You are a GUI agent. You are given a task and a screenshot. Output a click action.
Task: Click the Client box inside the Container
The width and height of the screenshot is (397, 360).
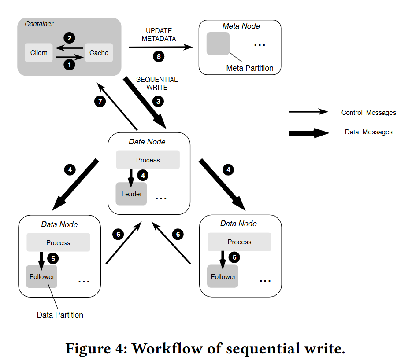pos(39,53)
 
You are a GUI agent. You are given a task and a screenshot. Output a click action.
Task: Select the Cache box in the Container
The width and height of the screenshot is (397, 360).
pos(99,53)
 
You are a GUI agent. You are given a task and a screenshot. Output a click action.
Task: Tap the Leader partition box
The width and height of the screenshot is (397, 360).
pos(131,194)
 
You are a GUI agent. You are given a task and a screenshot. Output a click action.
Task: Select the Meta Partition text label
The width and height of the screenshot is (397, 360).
pos(250,68)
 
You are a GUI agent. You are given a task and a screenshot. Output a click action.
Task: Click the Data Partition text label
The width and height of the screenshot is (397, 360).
pos(60,315)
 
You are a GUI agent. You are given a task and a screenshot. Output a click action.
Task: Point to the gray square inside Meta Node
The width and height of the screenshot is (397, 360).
pos(218,44)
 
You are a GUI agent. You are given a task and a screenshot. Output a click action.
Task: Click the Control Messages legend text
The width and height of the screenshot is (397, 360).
pos(369,113)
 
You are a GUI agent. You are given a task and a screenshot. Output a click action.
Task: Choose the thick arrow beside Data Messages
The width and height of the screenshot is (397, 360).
pos(309,132)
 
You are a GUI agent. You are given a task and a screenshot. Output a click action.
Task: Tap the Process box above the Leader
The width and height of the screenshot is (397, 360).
pos(148,160)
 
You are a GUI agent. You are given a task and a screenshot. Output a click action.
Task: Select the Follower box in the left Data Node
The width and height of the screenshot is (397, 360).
pos(42,276)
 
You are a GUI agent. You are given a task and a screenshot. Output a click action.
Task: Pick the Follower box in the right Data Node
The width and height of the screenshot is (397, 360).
pos(223,276)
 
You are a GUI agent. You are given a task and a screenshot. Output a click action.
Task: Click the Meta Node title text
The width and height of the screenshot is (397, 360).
pos(241,26)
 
